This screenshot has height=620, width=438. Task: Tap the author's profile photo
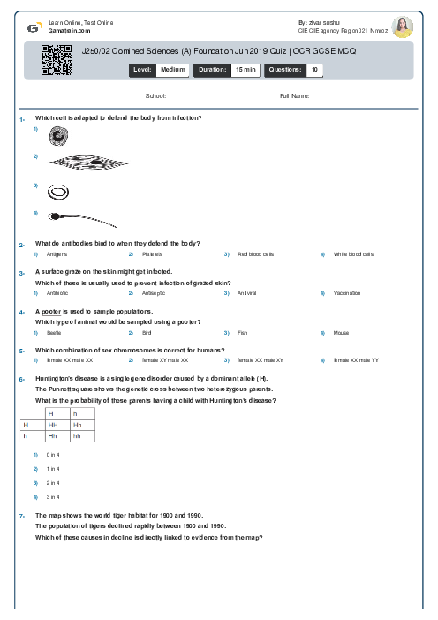(402, 26)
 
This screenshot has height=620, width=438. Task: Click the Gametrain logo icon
(34, 26)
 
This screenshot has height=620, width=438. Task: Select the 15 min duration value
(245, 69)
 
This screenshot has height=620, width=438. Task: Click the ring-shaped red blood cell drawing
(59, 190)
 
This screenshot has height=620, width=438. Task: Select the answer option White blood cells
(353, 254)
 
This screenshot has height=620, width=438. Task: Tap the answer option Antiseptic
(154, 293)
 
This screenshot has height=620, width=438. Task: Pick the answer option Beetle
(54, 332)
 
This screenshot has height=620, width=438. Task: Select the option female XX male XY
(260, 360)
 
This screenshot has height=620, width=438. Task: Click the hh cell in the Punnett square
(77, 436)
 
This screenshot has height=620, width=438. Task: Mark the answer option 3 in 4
(53, 496)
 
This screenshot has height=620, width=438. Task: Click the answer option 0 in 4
(53, 454)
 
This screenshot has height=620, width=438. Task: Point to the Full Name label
(294, 95)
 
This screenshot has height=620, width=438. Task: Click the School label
(155, 95)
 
